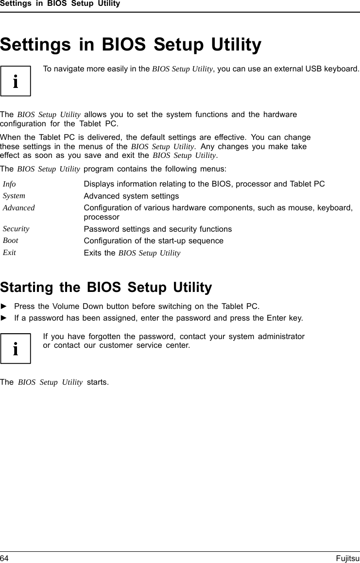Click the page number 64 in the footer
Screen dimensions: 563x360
(4, 559)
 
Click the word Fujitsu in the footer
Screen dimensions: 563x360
(348, 559)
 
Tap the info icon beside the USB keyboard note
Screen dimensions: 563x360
(16, 81)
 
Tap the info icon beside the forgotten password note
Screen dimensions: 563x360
(16, 348)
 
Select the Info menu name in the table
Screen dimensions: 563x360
(9, 184)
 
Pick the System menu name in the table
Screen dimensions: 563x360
(14, 196)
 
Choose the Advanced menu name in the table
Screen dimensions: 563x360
(19, 207)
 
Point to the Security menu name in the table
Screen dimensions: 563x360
(16, 228)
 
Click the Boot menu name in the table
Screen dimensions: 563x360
(11, 240)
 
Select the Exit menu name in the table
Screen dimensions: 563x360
(9, 253)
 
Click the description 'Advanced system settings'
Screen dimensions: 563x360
(131, 196)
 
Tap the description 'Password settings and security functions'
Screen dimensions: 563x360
(158, 229)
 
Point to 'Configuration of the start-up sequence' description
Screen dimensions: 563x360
(154, 241)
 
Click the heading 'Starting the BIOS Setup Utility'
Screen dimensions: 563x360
(106, 288)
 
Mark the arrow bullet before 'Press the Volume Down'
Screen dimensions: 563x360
(4, 307)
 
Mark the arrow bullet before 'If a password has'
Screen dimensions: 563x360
(4, 318)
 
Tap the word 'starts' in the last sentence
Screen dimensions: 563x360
(97, 382)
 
